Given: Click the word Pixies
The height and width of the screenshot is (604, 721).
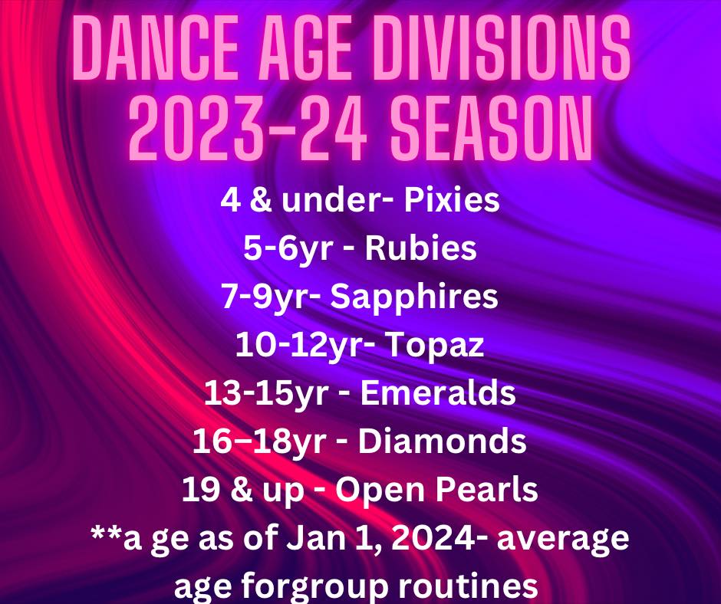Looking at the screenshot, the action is pyautogui.click(x=452, y=200).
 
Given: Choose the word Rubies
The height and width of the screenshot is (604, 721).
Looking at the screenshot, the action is pyautogui.click(x=420, y=248).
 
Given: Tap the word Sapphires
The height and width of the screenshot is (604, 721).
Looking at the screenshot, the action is pyautogui.click(x=414, y=297).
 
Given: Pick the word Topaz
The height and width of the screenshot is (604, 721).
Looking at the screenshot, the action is pyautogui.click(x=433, y=345).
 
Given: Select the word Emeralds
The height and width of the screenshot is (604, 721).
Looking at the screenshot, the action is pyautogui.click(x=438, y=393).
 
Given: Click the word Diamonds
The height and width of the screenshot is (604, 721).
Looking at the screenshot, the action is pyautogui.click(x=442, y=442).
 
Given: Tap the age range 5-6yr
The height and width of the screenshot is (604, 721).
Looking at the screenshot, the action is pyautogui.click(x=288, y=249).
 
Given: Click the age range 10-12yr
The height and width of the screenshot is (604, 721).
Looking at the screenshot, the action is pyautogui.click(x=298, y=346).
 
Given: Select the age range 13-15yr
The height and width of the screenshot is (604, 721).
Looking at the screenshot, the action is pyautogui.click(x=266, y=394).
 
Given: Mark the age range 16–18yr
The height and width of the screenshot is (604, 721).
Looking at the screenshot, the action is pyautogui.click(x=259, y=442).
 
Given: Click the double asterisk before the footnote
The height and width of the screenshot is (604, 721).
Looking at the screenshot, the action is pyautogui.click(x=107, y=533).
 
